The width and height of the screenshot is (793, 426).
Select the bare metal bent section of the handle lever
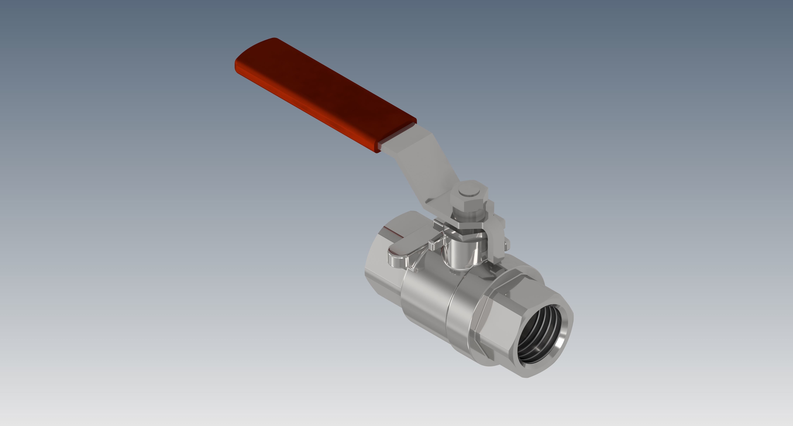click(x=428, y=166)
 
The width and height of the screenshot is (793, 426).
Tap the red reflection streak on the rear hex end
click(x=391, y=230)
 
